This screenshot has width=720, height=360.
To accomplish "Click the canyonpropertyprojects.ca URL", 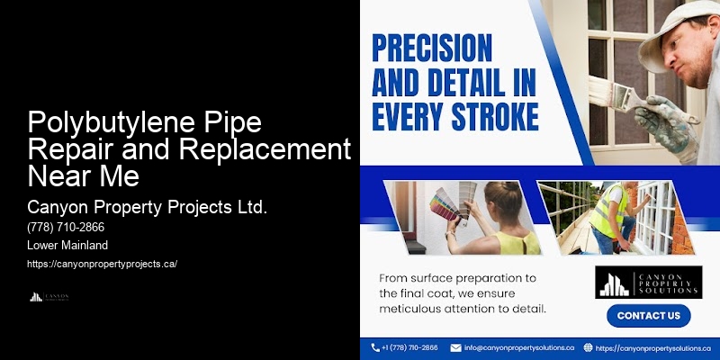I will tap(102, 264).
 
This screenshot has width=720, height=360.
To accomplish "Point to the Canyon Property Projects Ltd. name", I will tap(148, 208).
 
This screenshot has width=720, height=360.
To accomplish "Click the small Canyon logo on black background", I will tap(49, 297).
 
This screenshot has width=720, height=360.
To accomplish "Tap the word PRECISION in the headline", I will tap(432, 47).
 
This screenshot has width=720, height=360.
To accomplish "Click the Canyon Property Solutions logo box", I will tap(648, 281).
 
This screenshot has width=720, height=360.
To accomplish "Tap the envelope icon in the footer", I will tap(456, 347).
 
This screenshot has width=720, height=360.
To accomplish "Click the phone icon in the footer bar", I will tap(375, 347).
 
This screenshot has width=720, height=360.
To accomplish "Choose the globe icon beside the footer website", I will tap(588, 347).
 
